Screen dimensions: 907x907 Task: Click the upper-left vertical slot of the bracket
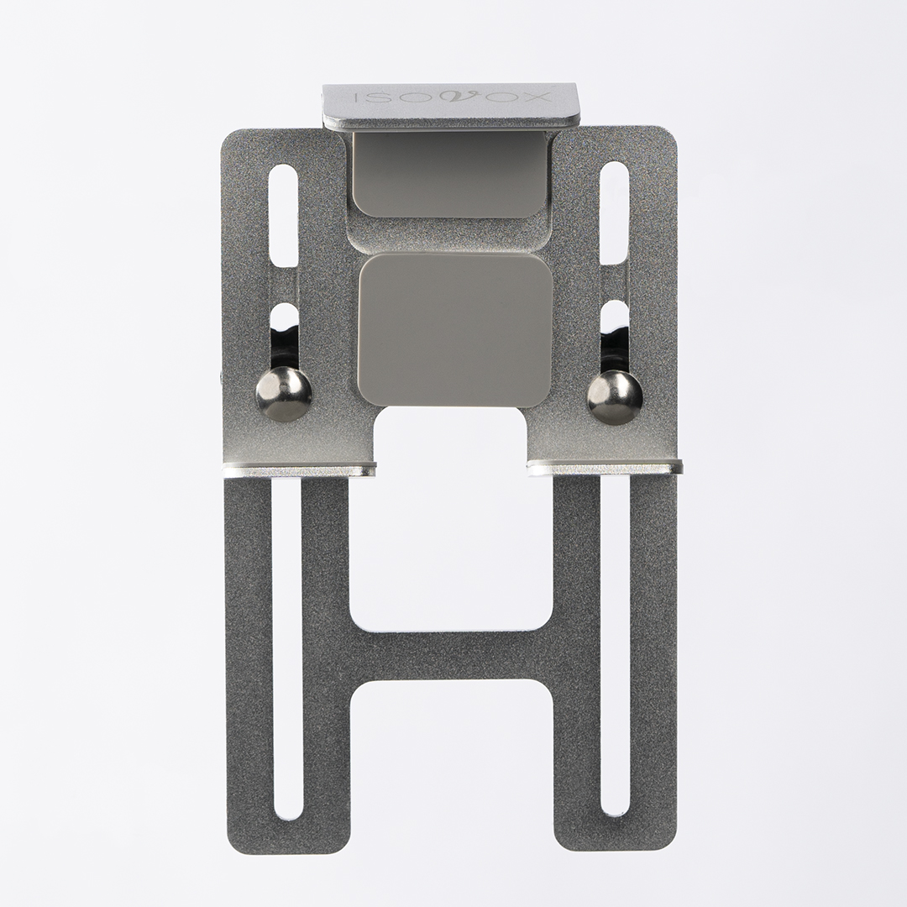tap(285, 216)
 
